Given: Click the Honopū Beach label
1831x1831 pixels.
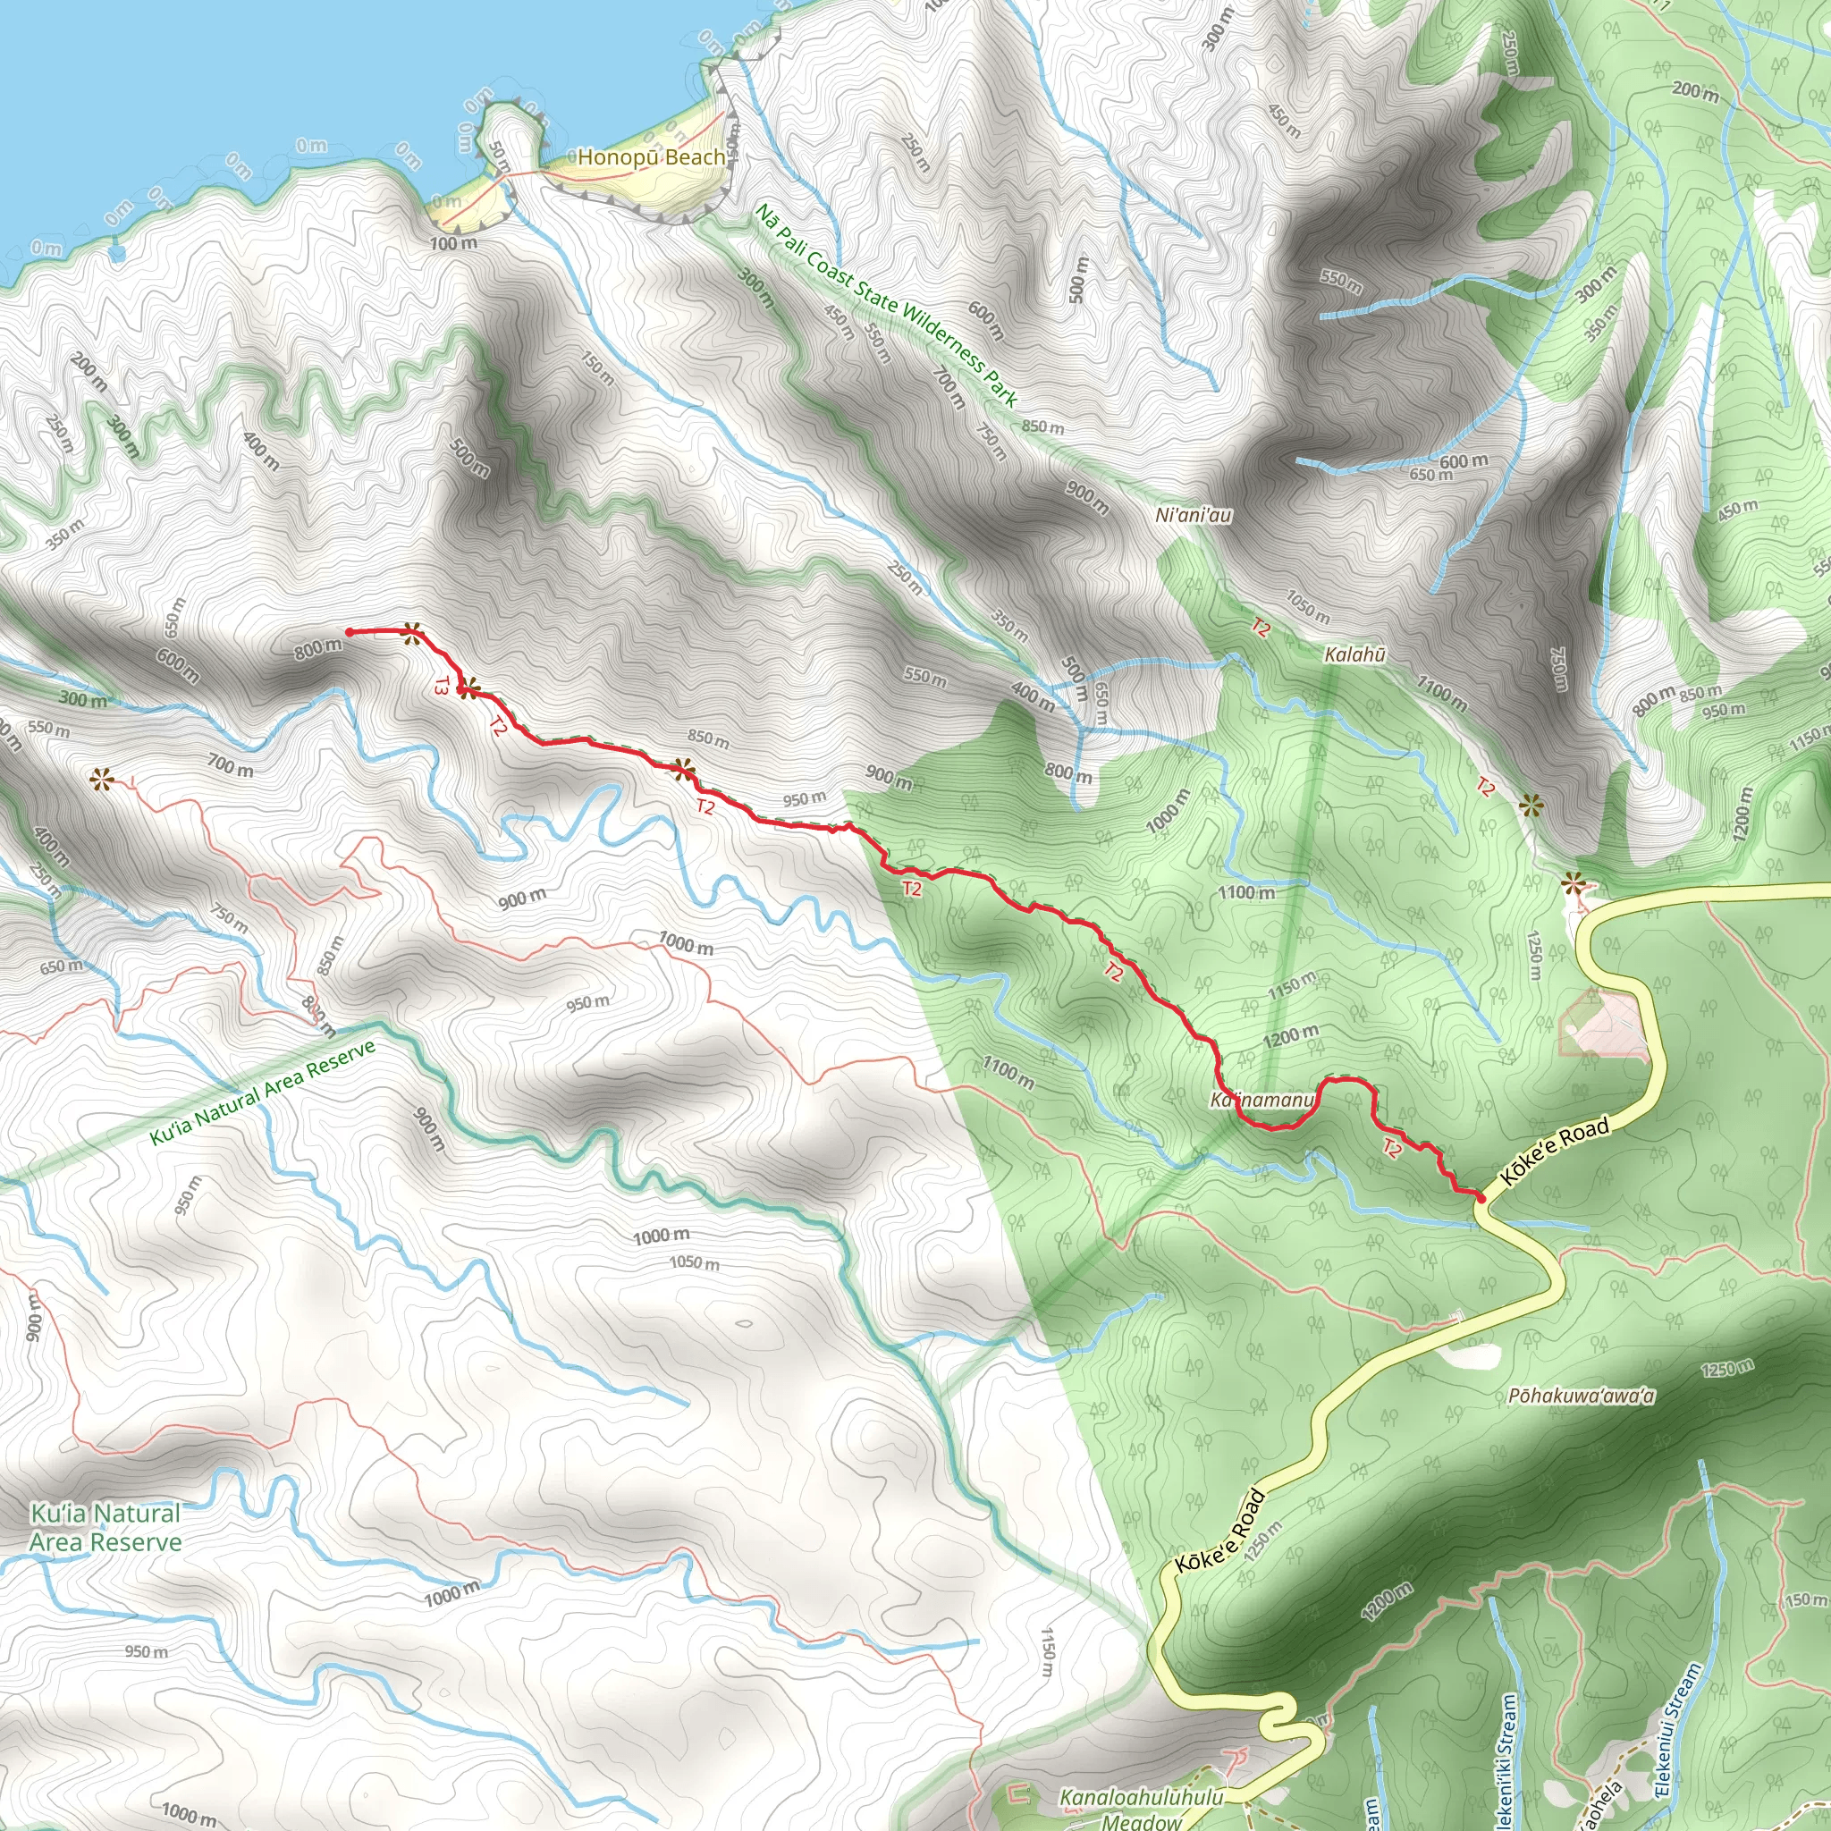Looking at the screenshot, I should tap(651, 157).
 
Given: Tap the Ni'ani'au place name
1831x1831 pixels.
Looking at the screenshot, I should tap(1194, 516).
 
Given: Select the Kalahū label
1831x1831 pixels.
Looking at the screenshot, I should tap(1354, 654).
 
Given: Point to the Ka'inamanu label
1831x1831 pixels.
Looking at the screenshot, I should tap(1261, 1101).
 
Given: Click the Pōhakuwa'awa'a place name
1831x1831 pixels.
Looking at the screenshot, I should tap(1581, 1396).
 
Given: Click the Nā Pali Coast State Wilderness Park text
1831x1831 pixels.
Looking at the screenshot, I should tap(886, 305).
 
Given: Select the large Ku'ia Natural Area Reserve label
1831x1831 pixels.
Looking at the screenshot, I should tap(105, 1528).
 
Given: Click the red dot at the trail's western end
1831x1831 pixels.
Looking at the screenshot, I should tap(350, 632).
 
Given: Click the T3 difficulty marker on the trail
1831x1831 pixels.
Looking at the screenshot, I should tap(441, 685).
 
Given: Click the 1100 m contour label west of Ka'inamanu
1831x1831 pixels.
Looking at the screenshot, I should tap(1008, 1072).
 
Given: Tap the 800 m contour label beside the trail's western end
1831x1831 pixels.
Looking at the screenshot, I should tap(317, 649).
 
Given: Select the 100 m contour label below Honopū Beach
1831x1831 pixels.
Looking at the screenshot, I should tap(454, 243).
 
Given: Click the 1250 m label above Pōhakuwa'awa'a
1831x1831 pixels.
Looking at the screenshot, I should tap(1726, 1369).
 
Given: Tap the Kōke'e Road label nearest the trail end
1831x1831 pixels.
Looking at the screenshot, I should tap(1554, 1152).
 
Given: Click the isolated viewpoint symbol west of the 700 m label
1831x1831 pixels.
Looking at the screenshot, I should tap(100, 780).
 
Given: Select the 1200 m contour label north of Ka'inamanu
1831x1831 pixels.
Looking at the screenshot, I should tap(1290, 1037).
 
